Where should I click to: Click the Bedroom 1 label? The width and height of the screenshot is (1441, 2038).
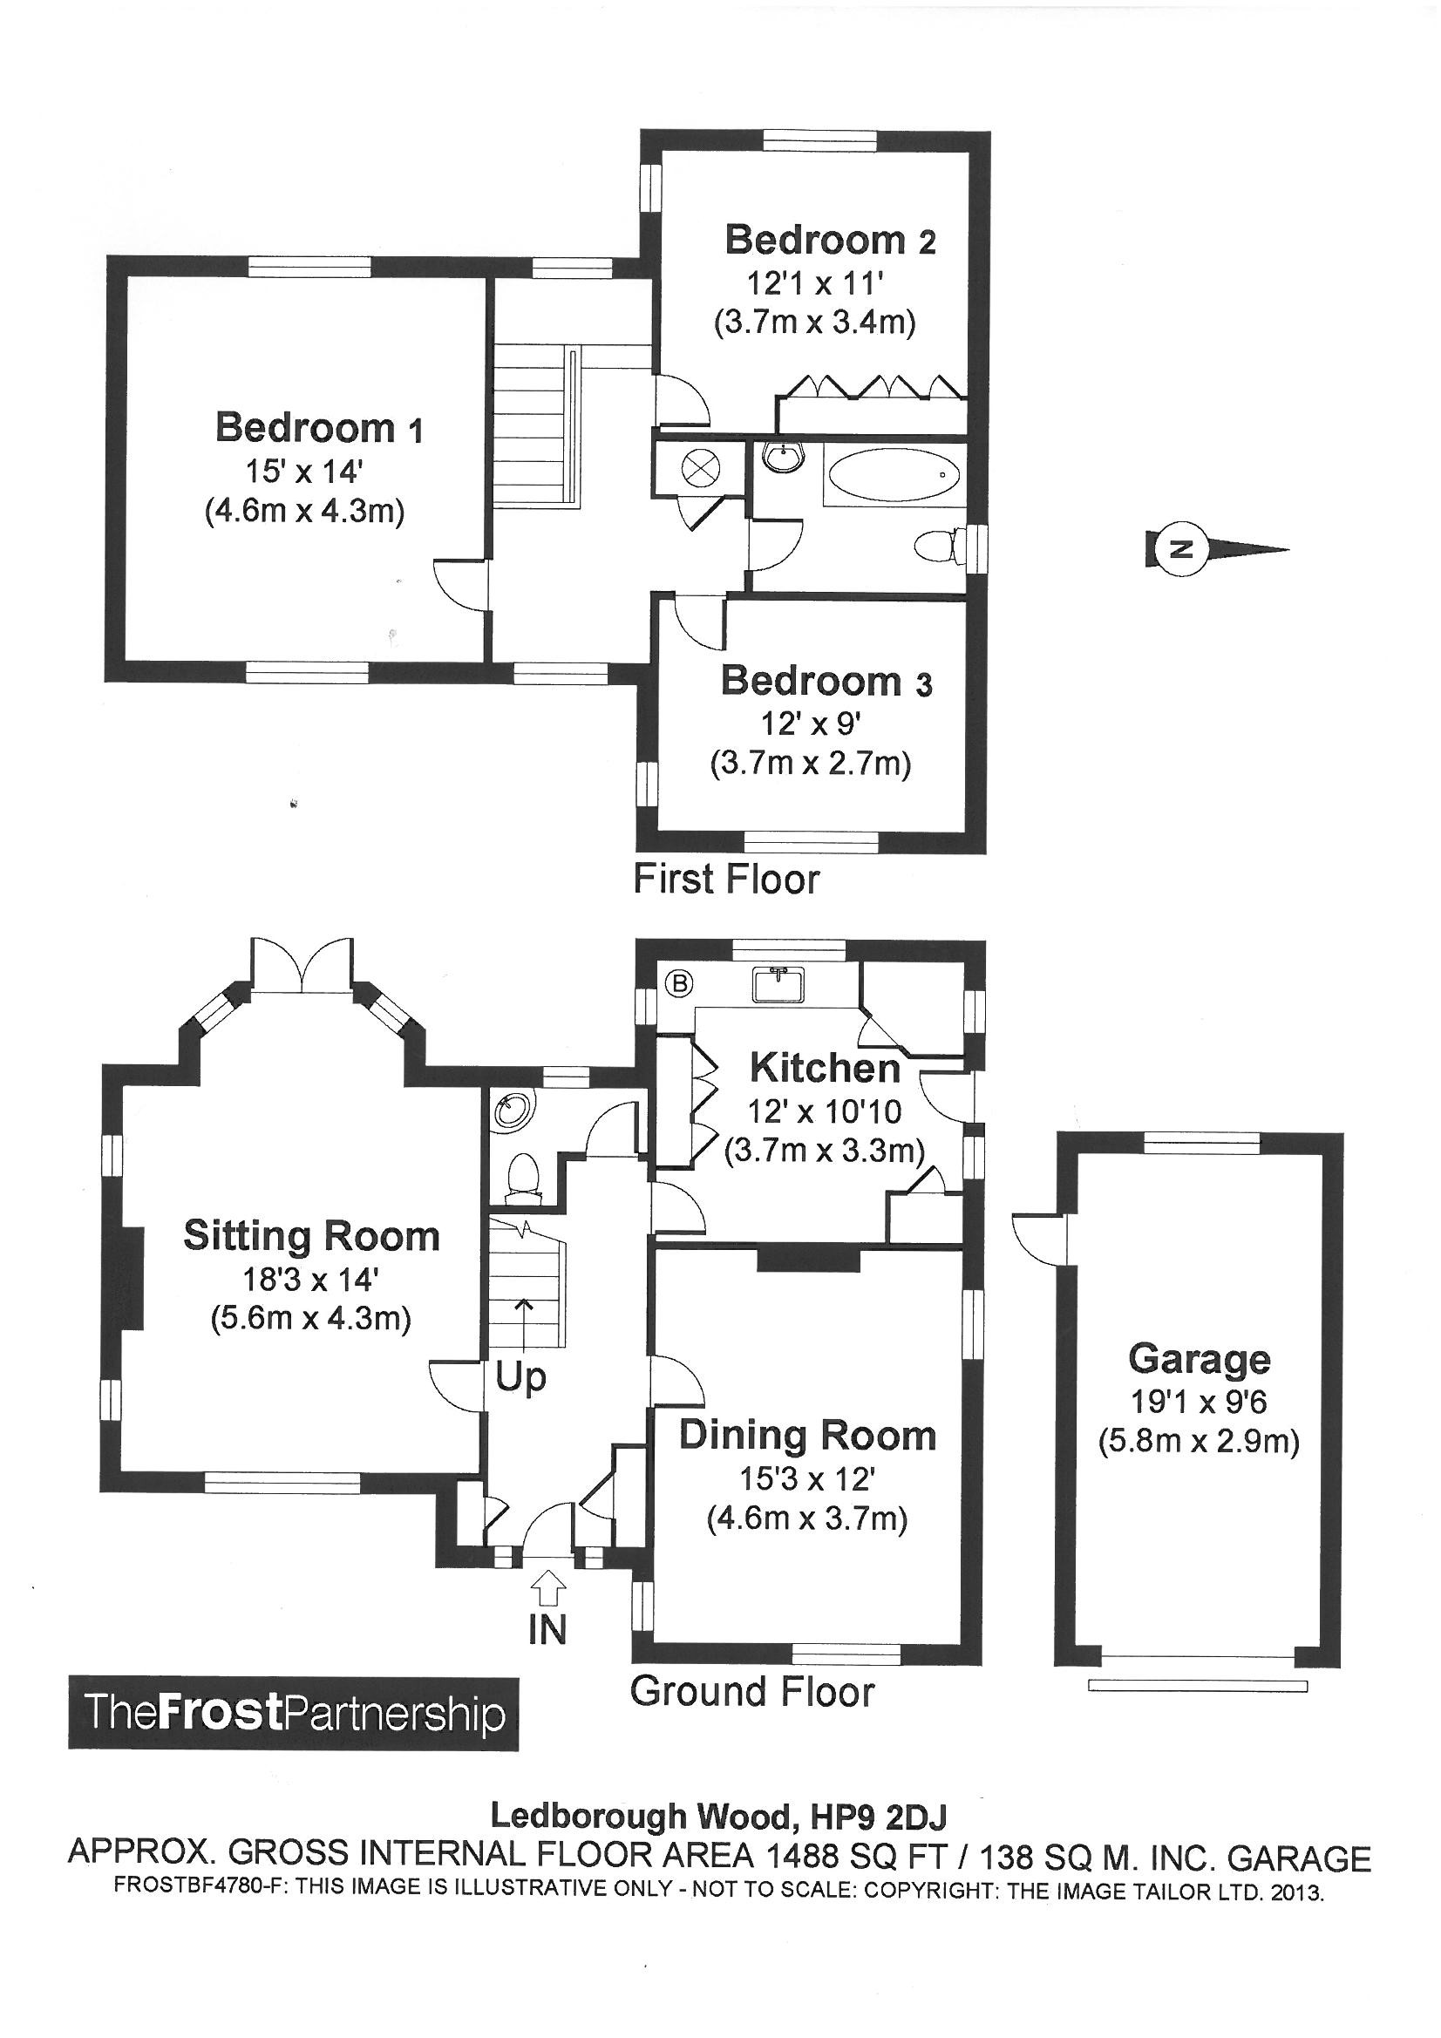tap(319, 428)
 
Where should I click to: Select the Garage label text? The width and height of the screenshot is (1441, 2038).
tap(1199, 1359)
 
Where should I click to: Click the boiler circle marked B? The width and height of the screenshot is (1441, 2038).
tap(681, 982)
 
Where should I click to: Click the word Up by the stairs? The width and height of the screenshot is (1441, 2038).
tap(520, 1377)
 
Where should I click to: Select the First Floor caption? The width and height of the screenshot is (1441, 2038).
tap(725, 879)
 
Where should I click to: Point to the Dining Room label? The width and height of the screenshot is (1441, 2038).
tap(807, 1436)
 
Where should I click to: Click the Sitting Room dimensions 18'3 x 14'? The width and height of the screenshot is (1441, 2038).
tap(310, 1279)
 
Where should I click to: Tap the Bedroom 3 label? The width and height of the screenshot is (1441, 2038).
tap(826, 682)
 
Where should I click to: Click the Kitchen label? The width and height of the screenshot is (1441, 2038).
tap(825, 1068)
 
